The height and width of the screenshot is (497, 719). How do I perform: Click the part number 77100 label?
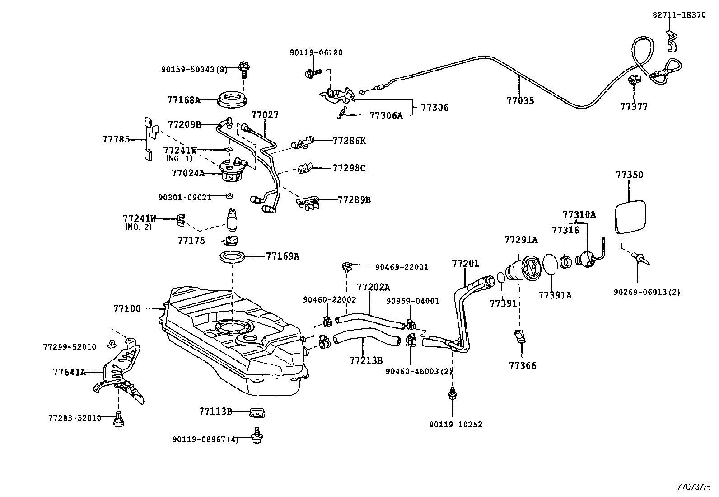click(126, 309)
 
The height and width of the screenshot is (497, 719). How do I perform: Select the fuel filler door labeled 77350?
click(630, 217)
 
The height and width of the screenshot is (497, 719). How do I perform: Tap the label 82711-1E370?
click(678, 15)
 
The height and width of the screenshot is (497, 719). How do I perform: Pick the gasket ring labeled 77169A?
click(233, 257)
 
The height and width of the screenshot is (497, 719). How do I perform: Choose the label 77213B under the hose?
click(366, 360)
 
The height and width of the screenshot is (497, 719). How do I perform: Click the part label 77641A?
click(69, 373)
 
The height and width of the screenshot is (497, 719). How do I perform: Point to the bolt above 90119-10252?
click(452, 395)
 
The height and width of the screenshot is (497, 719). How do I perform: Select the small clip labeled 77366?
click(519, 337)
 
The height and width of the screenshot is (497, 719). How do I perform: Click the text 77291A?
click(521, 240)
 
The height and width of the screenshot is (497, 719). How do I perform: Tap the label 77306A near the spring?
click(385, 116)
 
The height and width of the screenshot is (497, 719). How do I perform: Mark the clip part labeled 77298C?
click(303, 169)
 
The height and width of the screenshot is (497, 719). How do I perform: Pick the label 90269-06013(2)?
click(646, 293)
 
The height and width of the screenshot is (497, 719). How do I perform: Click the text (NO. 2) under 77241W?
click(138, 227)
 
